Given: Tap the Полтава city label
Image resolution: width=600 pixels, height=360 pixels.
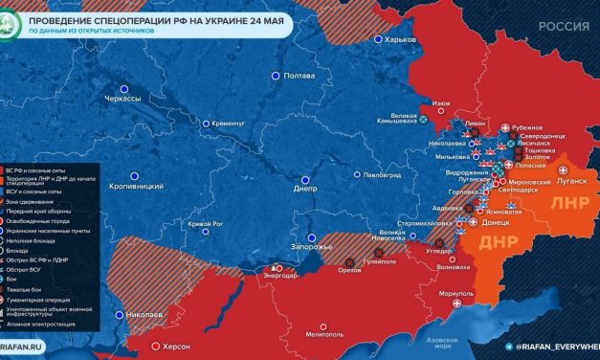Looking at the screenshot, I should pos(300,76).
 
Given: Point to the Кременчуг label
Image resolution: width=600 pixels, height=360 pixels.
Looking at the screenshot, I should pos(230,124).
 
